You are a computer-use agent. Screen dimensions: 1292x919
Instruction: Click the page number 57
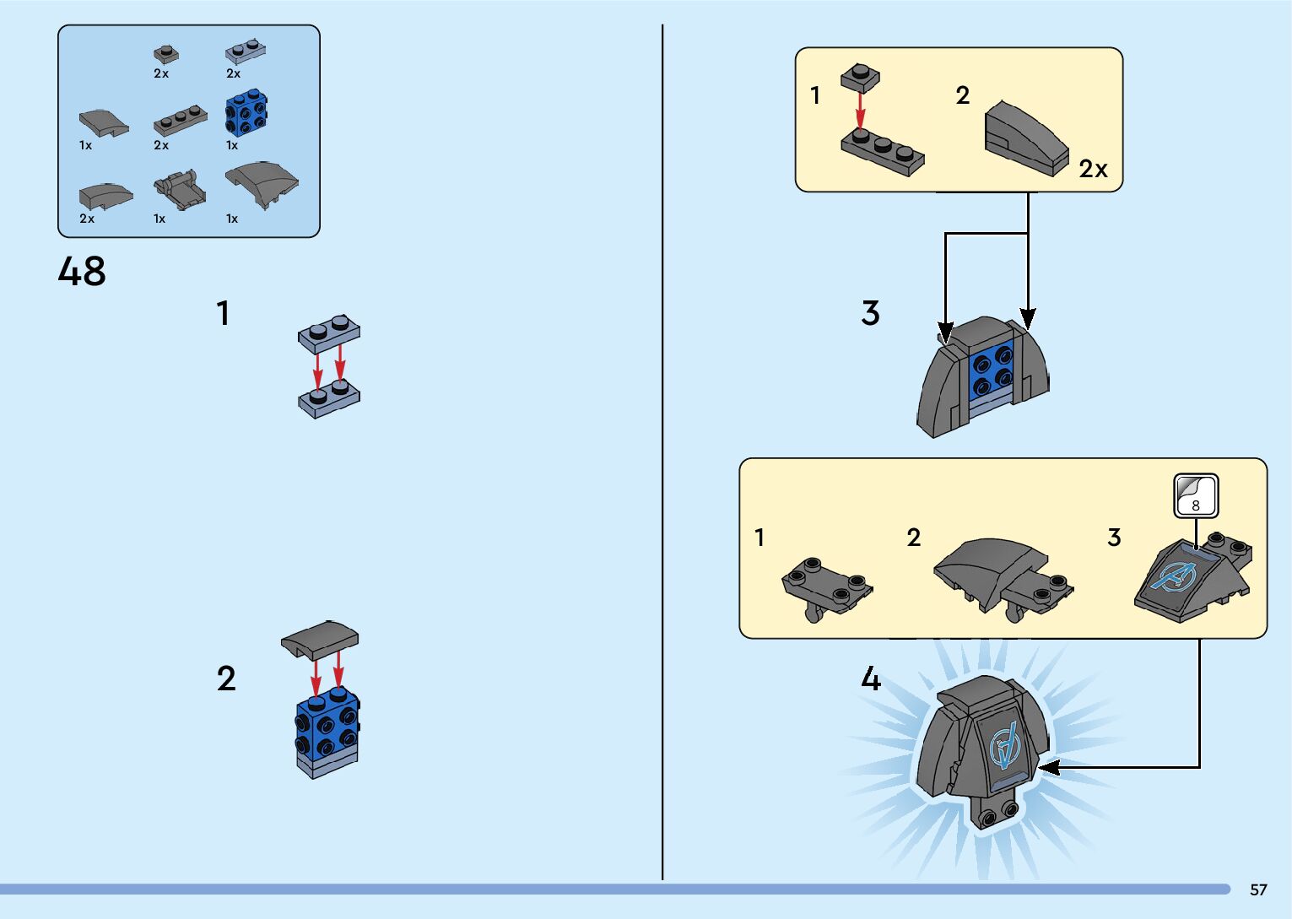tap(1258, 889)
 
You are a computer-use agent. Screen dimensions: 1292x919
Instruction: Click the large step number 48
tap(82, 271)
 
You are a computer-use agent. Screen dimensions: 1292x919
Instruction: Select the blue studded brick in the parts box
tap(246, 112)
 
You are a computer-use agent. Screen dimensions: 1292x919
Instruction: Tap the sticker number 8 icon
tap(1197, 495)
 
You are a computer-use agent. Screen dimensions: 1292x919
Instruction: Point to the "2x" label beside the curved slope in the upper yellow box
tap(1093, 169)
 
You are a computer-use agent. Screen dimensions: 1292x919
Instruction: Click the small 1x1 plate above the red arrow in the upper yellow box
tap(860, 78)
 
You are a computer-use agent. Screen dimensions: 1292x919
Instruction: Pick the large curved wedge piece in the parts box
tap(262, 184)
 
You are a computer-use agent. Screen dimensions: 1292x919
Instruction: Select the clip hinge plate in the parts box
tap(180, 189)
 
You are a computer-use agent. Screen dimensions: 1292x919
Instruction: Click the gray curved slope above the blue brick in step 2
tap(320, 640)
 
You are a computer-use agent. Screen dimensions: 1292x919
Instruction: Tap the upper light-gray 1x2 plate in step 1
tap(329, 333)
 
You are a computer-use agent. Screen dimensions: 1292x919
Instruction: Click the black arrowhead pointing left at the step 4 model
tap(1049, 767)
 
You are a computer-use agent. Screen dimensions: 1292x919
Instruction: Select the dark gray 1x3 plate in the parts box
tap(181, 120)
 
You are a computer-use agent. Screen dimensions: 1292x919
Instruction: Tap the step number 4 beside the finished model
tap(871, 678)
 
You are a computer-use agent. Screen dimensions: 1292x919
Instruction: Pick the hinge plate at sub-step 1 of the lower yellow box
tap(826, 588)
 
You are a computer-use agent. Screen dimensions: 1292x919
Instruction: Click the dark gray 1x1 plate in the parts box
tap(166, 54)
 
